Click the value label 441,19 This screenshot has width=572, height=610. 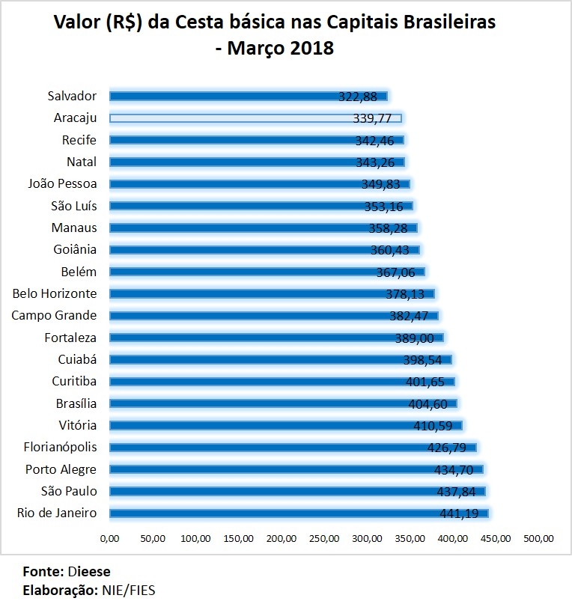460,513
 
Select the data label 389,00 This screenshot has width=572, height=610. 416,338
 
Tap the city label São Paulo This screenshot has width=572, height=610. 69,491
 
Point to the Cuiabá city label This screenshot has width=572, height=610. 77,359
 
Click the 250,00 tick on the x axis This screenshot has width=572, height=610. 324,538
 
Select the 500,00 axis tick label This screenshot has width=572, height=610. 538,538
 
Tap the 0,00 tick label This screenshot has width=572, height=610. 109,538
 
